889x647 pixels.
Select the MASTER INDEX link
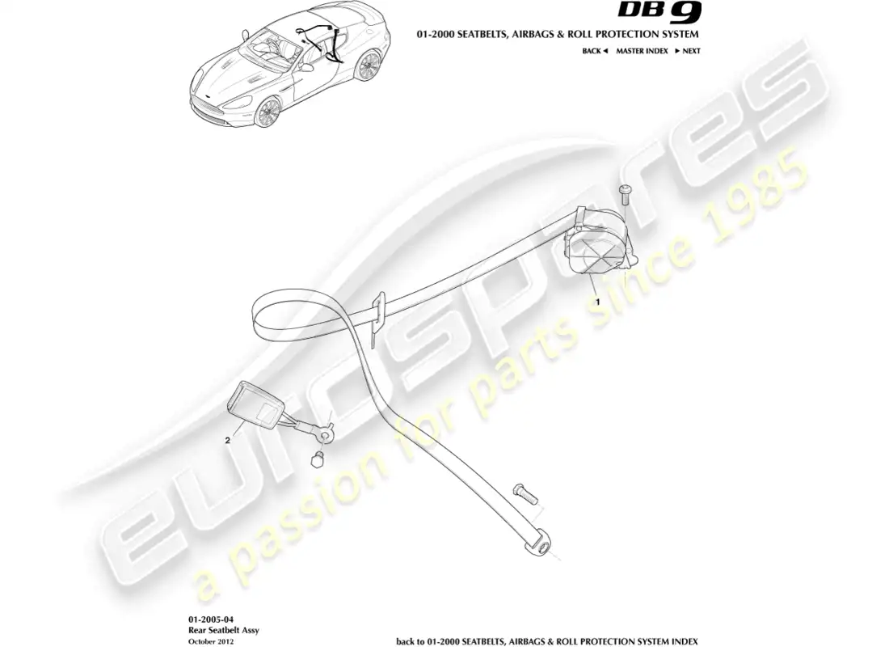pos(642,51)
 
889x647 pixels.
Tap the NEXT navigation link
pos(688,51)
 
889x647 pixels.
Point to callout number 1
pos(597,302)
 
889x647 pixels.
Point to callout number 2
pos(227,440)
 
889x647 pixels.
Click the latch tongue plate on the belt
pos(377,319)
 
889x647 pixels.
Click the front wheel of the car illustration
pos(267,112)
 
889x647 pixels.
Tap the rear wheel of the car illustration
pos(368,66)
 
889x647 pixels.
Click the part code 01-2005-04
pos(211,620)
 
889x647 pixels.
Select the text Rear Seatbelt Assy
pos(223,630)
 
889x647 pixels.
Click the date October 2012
pos(210,641)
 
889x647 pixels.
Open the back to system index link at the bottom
pos(547,641)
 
